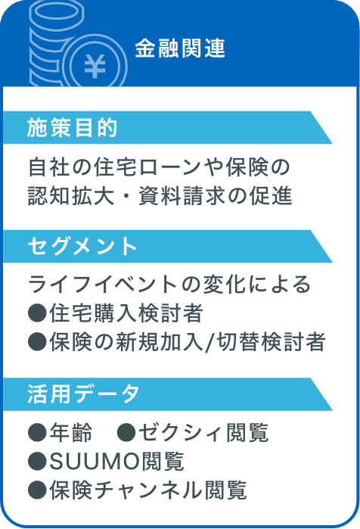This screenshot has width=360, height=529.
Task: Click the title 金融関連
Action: pyautogui.click(x=180, y=48)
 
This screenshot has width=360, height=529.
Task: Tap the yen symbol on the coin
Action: pyautogui.click(x=95, y=66)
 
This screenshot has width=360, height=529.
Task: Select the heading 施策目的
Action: pyautogui.click(x=72, y=128)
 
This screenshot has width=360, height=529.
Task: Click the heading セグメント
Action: pyautogui.click(x=82, y=246)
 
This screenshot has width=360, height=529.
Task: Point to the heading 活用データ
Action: pyautogui.click(x=83, y=394)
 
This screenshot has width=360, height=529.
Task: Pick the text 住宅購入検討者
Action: pyautogui.click(x=126, y=313)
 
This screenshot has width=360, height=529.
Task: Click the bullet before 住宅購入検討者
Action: pyautogui.click(x=37, y=313)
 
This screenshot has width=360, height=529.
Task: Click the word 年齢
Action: pyautogui.click(x=71, y=432)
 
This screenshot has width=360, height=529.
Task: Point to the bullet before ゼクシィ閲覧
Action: pyautogui.click(x=126, y=433)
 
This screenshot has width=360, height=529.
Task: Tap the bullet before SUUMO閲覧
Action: pyautogui.click(x=37, y=462)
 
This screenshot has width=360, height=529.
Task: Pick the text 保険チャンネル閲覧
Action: pyautogui.click(x=148, y=490)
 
